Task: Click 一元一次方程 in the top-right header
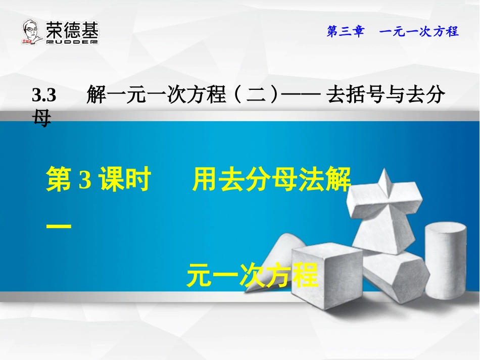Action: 419,32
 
